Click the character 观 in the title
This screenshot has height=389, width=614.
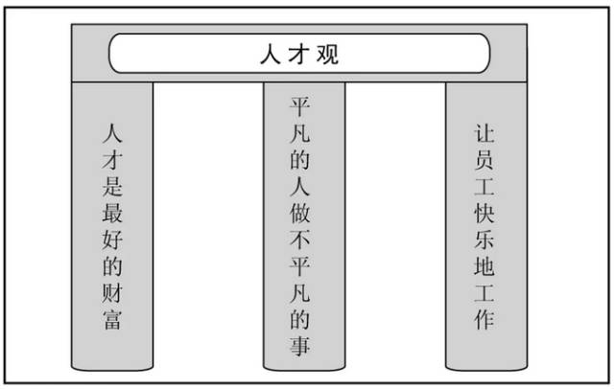(327, 54)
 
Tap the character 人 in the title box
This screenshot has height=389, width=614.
(271, 54)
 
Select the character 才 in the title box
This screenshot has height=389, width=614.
(299, 54)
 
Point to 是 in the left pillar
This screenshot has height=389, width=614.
(112, 186)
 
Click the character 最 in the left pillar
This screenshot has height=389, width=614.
(112, 213)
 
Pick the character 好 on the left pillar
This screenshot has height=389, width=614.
(112, 240)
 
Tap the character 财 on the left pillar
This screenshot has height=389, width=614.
(112, 292)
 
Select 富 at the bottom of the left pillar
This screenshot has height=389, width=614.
(112, 319)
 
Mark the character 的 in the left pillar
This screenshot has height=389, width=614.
(112, 265)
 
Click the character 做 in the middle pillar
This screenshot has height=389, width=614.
(300, 213)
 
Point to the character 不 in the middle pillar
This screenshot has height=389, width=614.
(300, 240)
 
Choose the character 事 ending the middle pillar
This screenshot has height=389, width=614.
(300, 346)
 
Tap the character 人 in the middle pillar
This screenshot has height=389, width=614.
(300, 186)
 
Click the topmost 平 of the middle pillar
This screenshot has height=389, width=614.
(300, 106)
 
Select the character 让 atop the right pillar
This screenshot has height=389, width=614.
(484, 133)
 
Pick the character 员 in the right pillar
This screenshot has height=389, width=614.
(484, 159)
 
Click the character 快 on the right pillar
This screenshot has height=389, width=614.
(484, 213)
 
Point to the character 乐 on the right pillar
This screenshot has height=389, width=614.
(484, 240)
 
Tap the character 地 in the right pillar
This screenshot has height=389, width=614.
(484, 265)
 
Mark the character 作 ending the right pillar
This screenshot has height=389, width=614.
(484, 319)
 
